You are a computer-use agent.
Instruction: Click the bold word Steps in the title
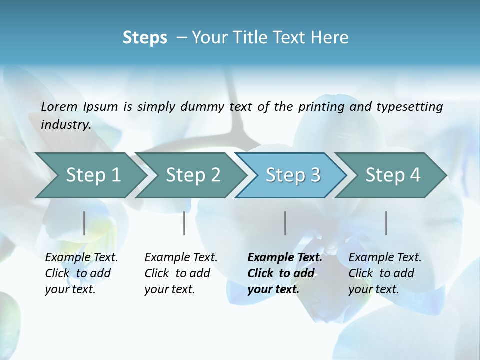[x=145, y=38]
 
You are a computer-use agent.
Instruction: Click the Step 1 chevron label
[x=93, y=175]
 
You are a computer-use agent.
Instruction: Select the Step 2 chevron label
[x=193, y=175]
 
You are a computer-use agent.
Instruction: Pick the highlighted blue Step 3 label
[x=293, y=175]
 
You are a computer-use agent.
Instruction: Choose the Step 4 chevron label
[x=393, y=175]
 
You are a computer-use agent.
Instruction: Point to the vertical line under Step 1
[x=84, y=223]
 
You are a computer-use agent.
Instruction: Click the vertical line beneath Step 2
[x=184, y=223]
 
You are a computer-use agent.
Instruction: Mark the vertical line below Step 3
[x=285, y=223]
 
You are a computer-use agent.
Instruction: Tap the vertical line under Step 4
[x=386, y=223]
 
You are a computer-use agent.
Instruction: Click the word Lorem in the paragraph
[x=59, y=106]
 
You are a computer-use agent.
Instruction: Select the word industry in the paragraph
[x=65, y=125]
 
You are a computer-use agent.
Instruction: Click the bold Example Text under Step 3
[x=285, y=257]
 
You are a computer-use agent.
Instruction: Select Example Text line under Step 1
[x=81, y=257]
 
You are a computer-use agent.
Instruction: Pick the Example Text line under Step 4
[x=385, y=257]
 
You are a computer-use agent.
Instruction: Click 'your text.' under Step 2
[x=170, y=289]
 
